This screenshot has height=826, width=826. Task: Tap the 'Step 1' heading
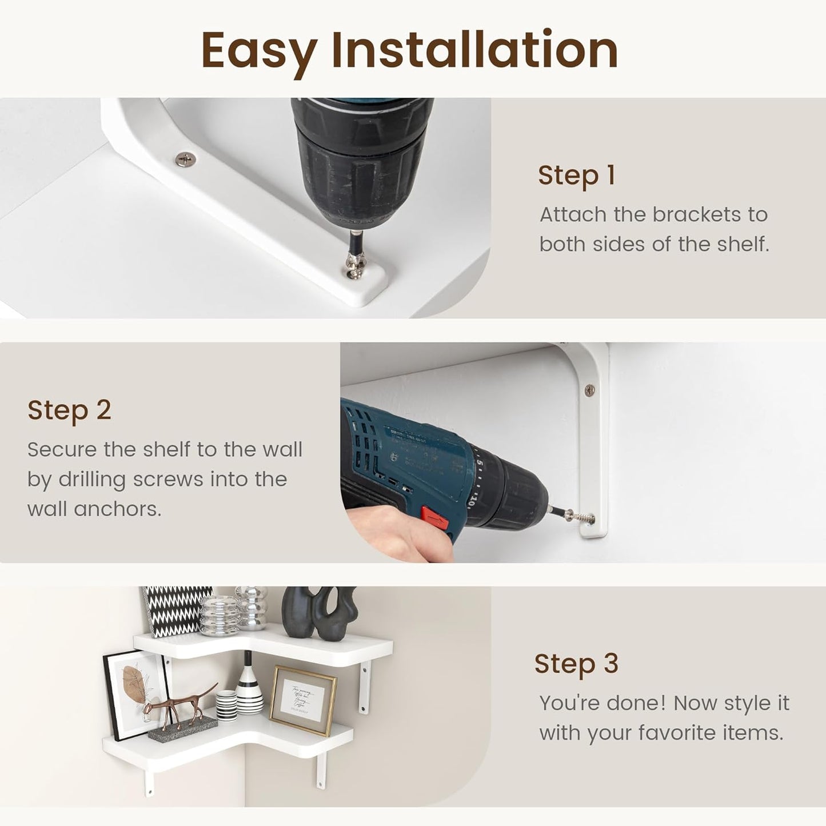(x=577, y=175)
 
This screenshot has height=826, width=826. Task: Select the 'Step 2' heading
(x=69, y=410)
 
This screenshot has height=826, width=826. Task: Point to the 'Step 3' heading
(x=576, y=663)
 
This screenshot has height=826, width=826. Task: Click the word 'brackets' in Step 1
(x=697, y=214)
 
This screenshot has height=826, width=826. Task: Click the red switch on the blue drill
(x=434, y=517)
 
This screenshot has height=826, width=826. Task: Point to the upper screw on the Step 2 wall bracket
(x=590, y=390)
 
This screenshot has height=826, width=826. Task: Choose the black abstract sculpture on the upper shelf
(x=320, y=613)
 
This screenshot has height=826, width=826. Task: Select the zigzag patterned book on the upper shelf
(x=177, y=611)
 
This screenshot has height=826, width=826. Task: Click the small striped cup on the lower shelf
(x=226, y=705)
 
